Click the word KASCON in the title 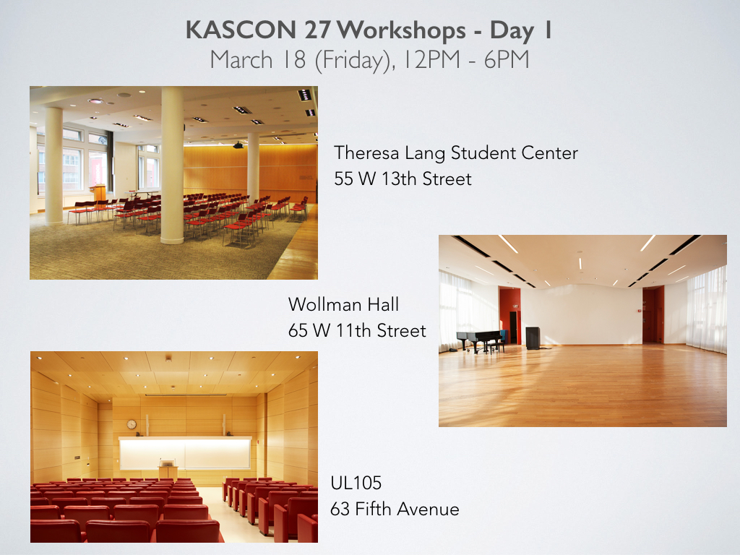(241, 30)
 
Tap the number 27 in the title (317, 30)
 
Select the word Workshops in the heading (402, 31)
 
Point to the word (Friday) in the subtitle (355, 61)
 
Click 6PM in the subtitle (507, 59)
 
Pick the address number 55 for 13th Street (343, 179)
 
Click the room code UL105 (356, 483)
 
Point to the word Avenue (428, 509)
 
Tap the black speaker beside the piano (533, 338)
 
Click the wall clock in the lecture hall (132, 424)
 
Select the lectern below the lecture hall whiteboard (168, 469)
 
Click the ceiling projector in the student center (238, 145)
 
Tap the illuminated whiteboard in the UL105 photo (185, 453)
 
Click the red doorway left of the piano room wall (510, 315)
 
